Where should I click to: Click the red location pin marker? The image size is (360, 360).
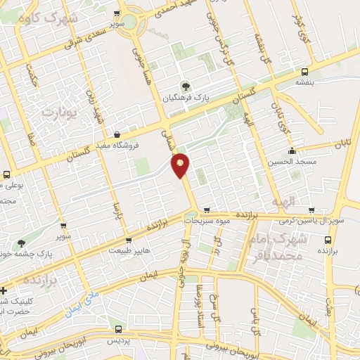click(x=181, y=165)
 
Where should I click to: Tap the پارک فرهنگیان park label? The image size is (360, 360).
click(x=185, y=98)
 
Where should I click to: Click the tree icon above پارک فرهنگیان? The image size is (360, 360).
click(x=186, y=86)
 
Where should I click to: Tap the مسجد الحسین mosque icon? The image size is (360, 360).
click(x=292, y=150)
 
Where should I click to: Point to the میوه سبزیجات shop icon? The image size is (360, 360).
click(x=207, y=210)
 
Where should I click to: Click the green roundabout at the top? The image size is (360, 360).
click(x=131, y=27)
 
